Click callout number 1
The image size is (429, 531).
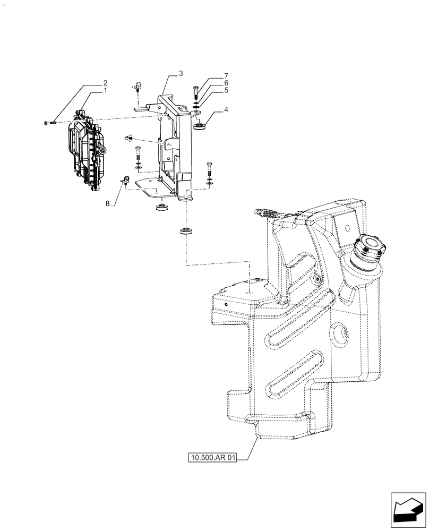[x=105, y=91]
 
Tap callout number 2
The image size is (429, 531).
[x=105, y=83]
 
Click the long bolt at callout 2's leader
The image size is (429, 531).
[x=50, y=123]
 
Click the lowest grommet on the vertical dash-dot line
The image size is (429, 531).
[x=185, y=231]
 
